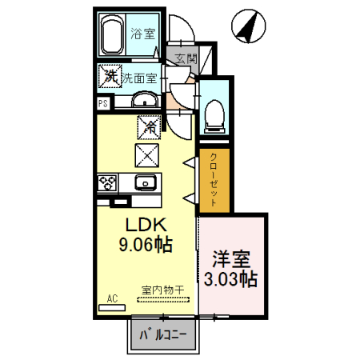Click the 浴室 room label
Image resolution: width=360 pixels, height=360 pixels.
click(146, 34)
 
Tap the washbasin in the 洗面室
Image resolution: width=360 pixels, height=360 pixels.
click(144, 99)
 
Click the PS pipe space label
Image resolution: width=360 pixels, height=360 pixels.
click(102, 104)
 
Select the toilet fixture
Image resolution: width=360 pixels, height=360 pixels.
click(214, 116)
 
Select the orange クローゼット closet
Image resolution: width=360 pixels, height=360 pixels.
click(214, 180)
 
